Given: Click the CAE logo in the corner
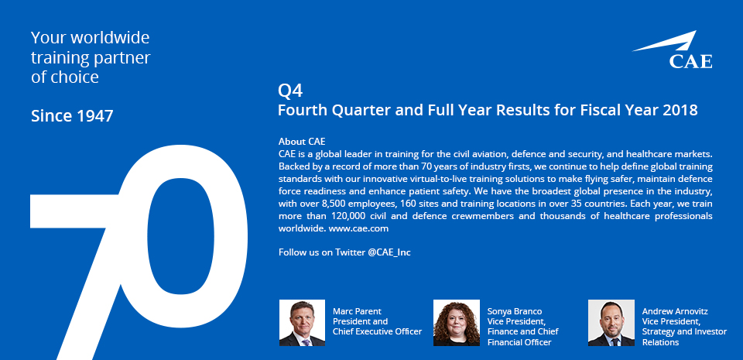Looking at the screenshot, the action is [x=672, y=50].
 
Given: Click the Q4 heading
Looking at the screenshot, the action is [x=290, y=90].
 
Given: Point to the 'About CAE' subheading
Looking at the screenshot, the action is [x=302, y=141].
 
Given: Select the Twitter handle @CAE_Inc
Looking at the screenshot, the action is [x=389, y=252].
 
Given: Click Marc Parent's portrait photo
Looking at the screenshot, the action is [x=302, y=323].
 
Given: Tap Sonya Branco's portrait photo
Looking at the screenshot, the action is [x=457, y=323].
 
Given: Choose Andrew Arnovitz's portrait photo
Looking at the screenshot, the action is [x=611, y=323].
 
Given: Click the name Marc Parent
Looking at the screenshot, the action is [x=357, y=311].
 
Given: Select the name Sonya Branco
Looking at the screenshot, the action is [x=515, y=311].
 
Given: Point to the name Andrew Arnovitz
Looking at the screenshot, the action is [x=675, y=311].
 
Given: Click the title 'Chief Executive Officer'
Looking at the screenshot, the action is [x=377, y=331].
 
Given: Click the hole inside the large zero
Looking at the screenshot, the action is [x=181, y=237].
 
